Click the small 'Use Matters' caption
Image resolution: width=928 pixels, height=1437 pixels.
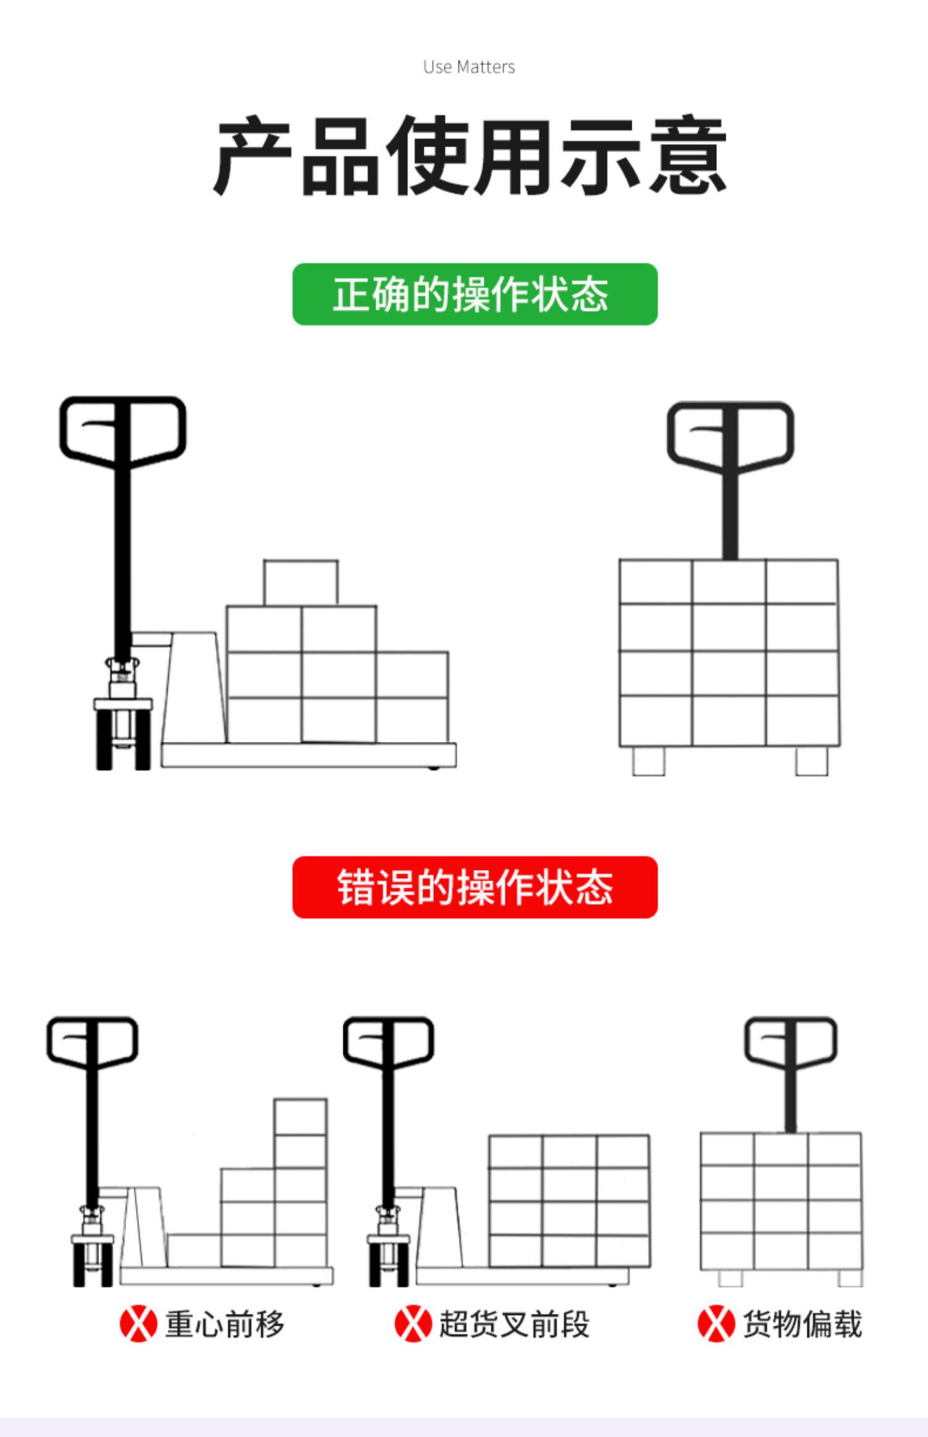[469, 67]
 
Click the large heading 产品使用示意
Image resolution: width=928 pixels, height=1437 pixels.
[469, 155]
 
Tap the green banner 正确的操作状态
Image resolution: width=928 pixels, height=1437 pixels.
[475, 294]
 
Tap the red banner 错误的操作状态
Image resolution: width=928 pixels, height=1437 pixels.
[475, 887]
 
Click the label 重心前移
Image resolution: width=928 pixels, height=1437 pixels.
[225, 1324]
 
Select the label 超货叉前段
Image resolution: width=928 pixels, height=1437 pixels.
[514, 1324]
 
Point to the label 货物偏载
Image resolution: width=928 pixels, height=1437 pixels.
[802, 1324]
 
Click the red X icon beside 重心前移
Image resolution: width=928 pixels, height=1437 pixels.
[138, 1324]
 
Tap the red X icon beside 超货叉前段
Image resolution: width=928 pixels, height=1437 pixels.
[413, 1324]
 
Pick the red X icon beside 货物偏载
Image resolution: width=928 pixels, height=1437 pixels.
[716, 1324]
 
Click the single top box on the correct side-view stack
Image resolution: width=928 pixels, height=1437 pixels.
[301, 582]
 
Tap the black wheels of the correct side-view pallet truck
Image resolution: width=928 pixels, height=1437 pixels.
[123, 743]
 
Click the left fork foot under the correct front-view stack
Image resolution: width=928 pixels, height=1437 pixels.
[648, 761]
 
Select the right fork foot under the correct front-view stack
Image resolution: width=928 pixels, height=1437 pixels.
[811, 761]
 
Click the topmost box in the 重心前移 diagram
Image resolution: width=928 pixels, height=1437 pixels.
[300, 1117]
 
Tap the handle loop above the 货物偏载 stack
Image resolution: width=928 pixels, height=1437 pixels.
[790, 1041]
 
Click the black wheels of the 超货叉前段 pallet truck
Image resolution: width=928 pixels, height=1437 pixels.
[388, 1266]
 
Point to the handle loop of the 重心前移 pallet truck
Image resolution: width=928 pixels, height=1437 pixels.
[92, 1042]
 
